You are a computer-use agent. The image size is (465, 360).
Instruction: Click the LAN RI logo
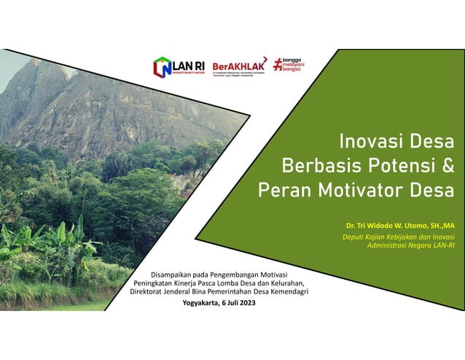click(x=178, y=67)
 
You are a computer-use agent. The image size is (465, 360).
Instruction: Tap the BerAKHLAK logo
click(x=238, y=67)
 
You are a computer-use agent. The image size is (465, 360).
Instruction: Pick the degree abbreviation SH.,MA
click(x=439, y=226)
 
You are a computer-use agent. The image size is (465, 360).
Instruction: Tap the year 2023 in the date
click(x=246, y=302)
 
